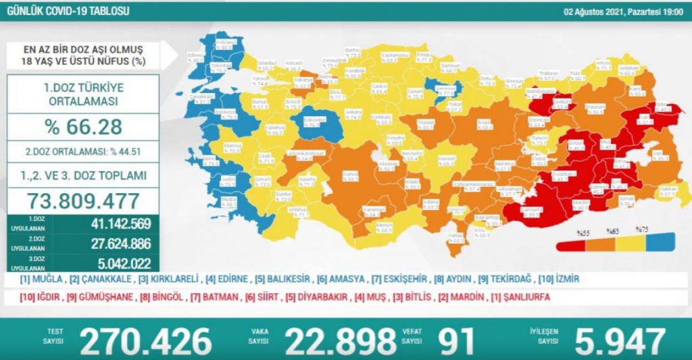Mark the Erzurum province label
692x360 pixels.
pos(594,107)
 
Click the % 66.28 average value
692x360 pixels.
pos(83,126)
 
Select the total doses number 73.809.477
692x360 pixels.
pos(83,201)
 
